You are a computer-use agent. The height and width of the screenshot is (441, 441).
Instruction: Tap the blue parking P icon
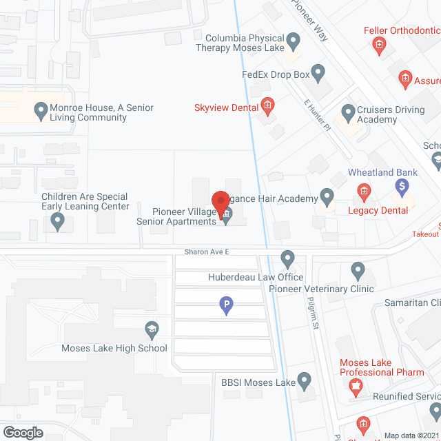(x=225, y=303)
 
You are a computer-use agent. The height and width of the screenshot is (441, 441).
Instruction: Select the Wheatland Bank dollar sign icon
(x=402, y=185)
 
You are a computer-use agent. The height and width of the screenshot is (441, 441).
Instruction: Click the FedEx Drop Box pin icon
(x=318, y=71)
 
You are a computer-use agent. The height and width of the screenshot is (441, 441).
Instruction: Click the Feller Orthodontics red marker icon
(x=378, y=45)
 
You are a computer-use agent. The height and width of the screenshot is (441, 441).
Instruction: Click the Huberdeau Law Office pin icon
(x=287, y=259)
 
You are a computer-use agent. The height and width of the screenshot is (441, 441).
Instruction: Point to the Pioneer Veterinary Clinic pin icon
(x=357, y=270)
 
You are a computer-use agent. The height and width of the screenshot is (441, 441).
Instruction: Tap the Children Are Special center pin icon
(x=58, y=222)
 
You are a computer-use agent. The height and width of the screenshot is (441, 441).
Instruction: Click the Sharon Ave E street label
(x=206, y=252)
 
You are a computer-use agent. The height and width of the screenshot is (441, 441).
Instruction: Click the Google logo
(x=22, y=432)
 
